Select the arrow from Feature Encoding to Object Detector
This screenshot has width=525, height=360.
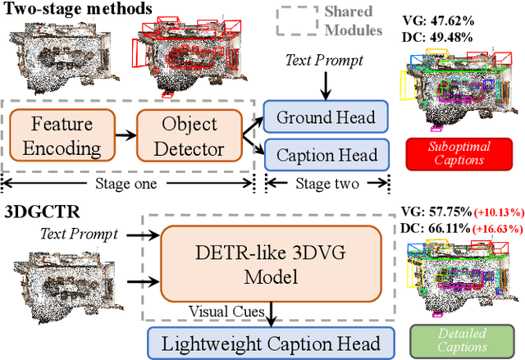[125, 137]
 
